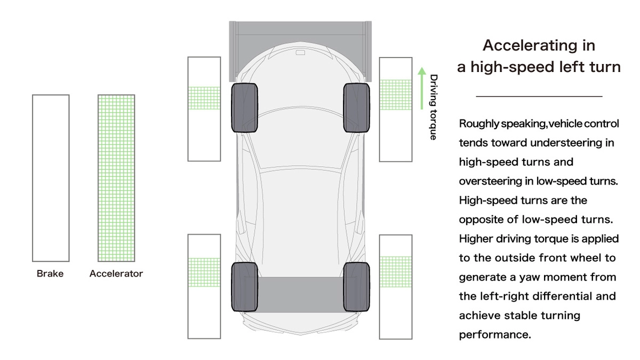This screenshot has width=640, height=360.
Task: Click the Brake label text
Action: pos(50,274)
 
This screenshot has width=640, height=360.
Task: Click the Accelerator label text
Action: pos(116,274)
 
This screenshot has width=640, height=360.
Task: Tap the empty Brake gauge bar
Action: pos(51,178)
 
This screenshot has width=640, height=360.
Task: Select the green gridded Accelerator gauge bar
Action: pos(116,178)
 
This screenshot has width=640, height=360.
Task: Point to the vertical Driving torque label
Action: pos(434,107)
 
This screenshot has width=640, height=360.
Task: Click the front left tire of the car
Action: pos(244,108)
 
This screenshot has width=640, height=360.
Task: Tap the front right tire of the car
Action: pos(357,108)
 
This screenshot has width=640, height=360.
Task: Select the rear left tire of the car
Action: pos(244,287)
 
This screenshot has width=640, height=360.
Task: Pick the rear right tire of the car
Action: pos(357,287)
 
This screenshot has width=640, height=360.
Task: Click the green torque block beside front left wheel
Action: pos(204,98)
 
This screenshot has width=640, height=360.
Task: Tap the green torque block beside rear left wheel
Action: pos(204,273)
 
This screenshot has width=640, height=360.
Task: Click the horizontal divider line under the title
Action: pos(539,97)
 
